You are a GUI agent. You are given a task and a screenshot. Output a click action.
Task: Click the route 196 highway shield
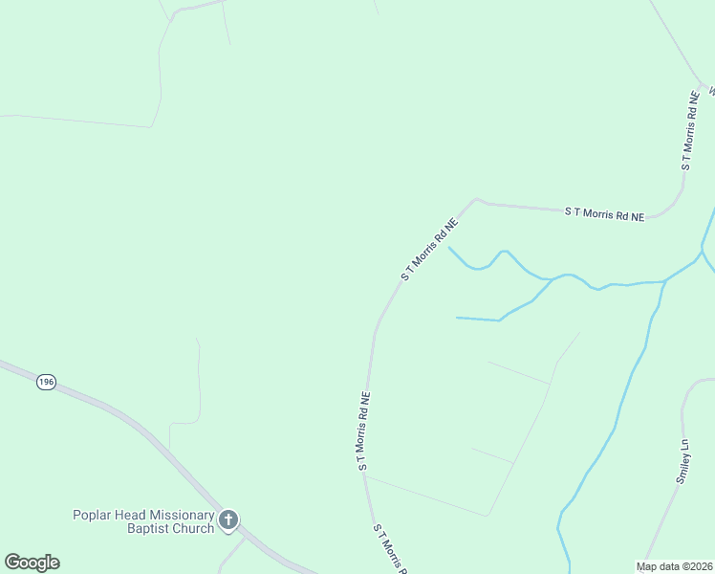coord(46,382)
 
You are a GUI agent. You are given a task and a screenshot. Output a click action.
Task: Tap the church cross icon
coord(228,520)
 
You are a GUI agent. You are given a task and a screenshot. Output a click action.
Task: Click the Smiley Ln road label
coord(682,461)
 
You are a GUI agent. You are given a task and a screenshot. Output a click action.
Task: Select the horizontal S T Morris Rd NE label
coord(604,213)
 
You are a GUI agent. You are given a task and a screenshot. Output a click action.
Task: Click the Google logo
coord(32,563)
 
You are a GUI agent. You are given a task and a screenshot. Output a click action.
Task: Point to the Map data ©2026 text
coord(674,565)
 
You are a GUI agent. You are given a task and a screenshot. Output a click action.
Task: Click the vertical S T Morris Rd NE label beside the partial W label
coord(688,131)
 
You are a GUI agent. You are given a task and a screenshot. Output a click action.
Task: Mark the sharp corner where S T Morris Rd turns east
coord(475,199)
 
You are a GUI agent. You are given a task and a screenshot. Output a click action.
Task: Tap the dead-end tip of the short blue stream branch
coord(457,317)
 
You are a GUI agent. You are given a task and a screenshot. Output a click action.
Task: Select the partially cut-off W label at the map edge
coord(711,92)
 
